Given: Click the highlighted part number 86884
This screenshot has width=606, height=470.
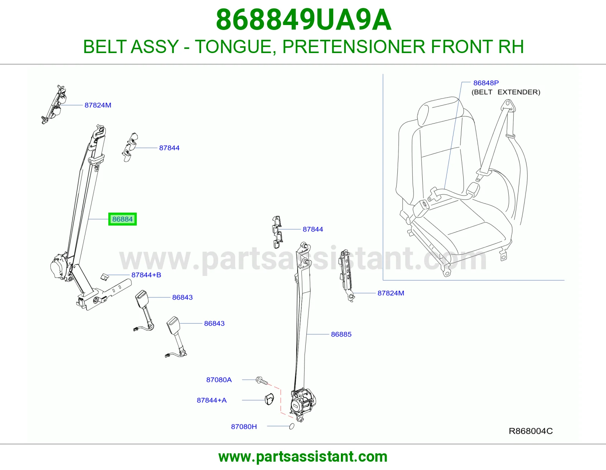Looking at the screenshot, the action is (122, 219).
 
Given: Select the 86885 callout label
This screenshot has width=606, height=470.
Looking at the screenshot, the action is (341, 334).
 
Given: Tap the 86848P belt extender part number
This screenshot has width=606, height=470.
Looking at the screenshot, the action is (486, 83).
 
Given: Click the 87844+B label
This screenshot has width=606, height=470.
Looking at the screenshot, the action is (146, 275).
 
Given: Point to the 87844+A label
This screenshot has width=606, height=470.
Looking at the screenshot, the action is (212, 400).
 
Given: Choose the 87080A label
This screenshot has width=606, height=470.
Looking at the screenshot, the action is (219, 379).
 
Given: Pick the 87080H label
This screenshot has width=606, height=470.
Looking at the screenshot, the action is (244, 426).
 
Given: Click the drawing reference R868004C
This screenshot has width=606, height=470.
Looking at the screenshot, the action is (531, 431).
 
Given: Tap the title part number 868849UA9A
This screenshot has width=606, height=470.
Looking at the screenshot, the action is (304, 20).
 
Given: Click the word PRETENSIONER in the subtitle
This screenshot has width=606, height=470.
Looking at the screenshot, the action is (354, 47).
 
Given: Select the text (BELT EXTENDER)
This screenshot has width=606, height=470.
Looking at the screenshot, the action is (506, 92).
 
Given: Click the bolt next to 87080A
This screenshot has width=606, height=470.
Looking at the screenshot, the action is (262, 381).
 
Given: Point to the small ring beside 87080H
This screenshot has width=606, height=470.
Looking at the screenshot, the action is (292, 426).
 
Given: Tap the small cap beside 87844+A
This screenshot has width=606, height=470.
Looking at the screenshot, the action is (269, 399).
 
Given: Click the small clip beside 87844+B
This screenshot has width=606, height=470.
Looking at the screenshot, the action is (105, 277).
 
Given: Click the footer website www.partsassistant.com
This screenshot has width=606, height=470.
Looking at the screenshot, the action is (303, 457).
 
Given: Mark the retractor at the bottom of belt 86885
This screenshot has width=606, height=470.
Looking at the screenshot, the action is (303, 405).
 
